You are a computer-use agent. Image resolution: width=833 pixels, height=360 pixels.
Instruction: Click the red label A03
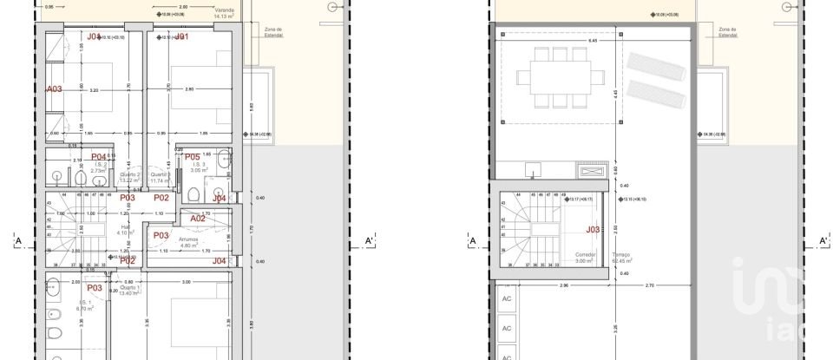(54, 88)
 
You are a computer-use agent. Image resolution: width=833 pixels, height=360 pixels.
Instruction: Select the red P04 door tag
(99, 157)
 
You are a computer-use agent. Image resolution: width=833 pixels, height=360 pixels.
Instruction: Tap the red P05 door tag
(193, 157)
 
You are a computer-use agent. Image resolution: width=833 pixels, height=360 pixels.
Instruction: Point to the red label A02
(198, 219)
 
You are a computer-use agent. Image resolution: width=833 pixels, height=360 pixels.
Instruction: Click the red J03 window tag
(594, 230)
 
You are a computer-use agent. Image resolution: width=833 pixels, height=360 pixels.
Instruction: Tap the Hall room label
(125, 228)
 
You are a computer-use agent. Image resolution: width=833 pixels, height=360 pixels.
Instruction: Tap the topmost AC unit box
(507, 298)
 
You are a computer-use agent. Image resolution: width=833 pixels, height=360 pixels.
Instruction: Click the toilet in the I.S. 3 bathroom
(197, 193)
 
